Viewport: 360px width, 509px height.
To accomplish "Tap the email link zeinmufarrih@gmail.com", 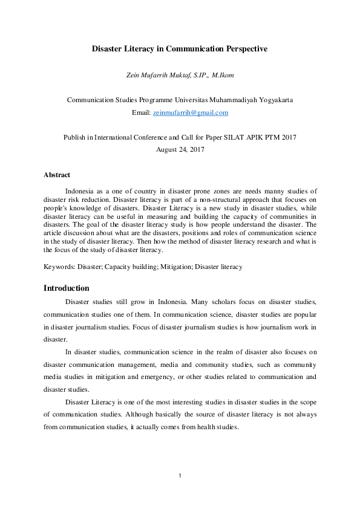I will coord(191,112).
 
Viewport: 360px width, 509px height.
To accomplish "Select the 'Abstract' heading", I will coord(57,175).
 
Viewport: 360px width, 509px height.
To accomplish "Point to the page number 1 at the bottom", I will coord(180,476).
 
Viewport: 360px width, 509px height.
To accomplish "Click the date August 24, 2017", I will coord(180,149).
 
